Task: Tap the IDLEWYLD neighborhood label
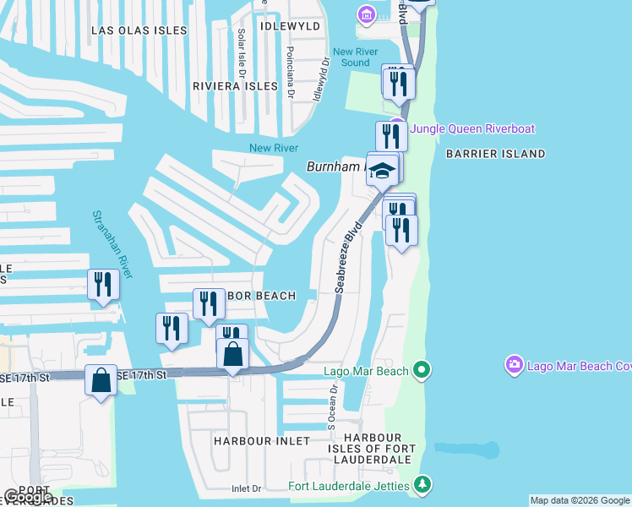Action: [291, 26]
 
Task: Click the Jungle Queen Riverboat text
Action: [472, 128]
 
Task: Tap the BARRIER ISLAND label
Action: [495, 154]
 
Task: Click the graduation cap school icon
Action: [383, 171]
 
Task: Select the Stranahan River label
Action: [112, 243]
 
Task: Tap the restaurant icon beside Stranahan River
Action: [103, 285]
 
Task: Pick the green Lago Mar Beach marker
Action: [422, 370]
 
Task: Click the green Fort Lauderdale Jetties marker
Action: [423, 485]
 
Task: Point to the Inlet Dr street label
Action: [247, 488]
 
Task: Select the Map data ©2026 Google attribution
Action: [579, 500]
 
